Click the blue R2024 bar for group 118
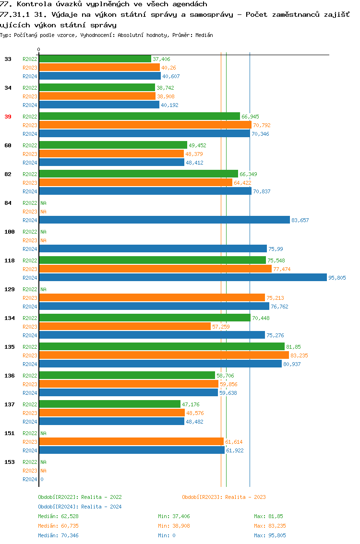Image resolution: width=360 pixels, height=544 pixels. coord(183,278)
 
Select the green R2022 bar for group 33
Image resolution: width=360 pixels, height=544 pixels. coord(95,59)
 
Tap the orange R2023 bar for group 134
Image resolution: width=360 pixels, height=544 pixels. coord(125,327)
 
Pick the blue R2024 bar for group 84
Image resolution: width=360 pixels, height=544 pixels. coord(164,220)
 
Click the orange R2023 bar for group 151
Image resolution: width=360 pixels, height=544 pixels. coord(131,442)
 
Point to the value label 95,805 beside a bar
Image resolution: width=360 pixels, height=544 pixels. coord(337,278)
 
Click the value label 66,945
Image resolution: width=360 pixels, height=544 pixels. coord(250,117)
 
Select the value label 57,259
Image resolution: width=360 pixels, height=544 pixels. coord(221,327)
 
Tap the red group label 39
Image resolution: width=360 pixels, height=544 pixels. coord(8,117)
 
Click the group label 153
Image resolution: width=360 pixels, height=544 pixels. coord(9,462)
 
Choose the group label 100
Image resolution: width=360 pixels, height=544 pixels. coord(9,232)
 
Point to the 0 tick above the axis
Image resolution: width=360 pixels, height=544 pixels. coord(39,49)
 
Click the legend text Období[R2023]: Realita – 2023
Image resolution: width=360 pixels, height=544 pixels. coord(224,497)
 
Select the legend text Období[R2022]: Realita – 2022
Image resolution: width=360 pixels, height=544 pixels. coord(80,497)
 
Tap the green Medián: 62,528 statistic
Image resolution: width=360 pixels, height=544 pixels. coord(58,516)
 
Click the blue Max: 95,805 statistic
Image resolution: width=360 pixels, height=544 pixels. coord(270,535)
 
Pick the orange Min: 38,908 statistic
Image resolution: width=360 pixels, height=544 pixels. coord(174,526)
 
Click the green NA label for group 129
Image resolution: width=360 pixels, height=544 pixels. coord(43,289)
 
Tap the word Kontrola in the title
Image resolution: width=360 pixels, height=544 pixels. coord(34,4)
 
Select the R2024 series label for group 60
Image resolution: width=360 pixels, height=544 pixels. coord(30,163)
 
